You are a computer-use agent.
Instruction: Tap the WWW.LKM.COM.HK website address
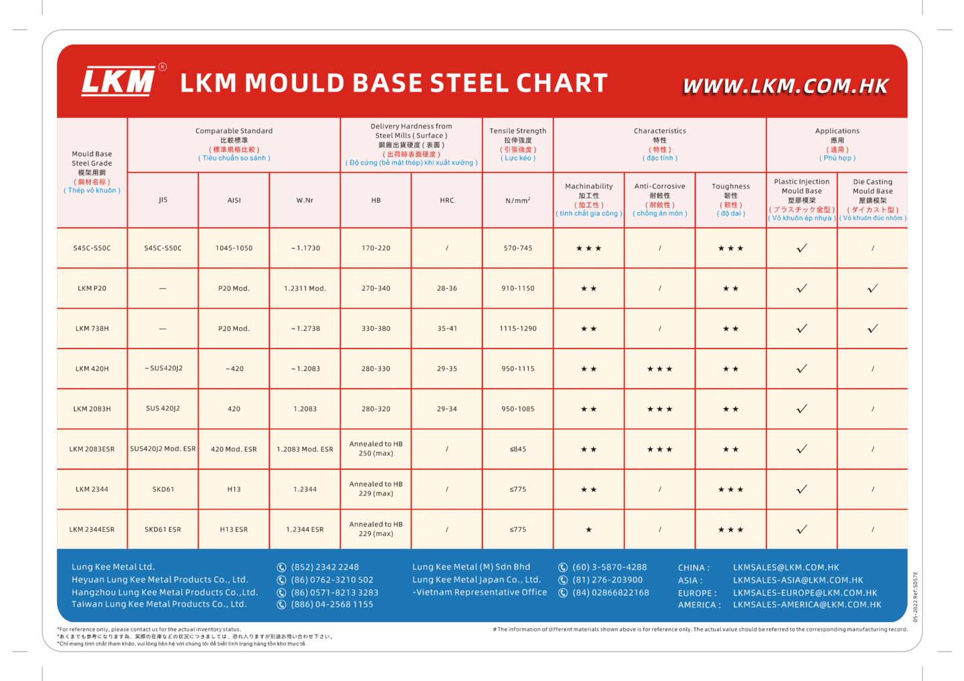pos(785,86)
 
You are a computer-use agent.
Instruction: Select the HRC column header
pos(447,201)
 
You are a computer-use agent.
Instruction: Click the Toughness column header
pos(730,200)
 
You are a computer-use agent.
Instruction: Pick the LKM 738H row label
pos(92,328)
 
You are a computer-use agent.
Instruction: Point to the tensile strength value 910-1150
pos(517,288)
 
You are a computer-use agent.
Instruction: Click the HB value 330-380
pos(376,328)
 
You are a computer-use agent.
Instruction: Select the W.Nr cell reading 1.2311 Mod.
pos(305,288)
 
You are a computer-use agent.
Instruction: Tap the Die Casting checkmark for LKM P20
pos(872,288)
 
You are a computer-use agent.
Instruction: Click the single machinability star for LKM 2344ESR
pos(588,530)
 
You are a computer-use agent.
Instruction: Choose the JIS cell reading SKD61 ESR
pos(163,530)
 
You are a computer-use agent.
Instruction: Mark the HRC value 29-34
pos(447,409)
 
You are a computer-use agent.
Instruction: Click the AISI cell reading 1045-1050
pos(234,248)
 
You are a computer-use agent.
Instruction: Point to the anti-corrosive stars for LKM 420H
pos(659,369)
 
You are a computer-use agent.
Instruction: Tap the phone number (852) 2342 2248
pos(325,567)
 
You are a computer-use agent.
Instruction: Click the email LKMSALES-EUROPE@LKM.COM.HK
pos(805,593)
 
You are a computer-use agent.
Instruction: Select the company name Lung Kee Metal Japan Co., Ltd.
pos(476,580)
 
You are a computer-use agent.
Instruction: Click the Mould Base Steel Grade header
pos(92,173)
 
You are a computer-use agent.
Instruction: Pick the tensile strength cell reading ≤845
pos(517,449)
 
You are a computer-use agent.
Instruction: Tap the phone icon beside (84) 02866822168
pos(563,593)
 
